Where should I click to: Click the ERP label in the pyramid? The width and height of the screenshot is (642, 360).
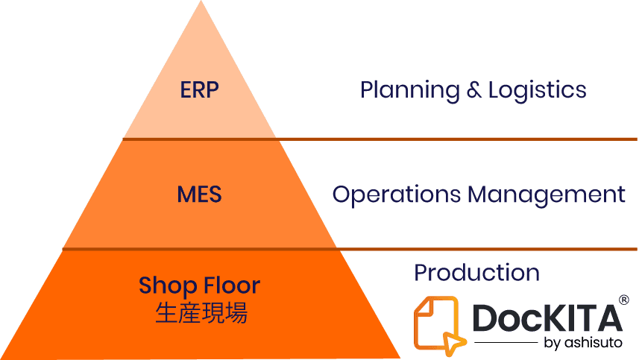(200, 90)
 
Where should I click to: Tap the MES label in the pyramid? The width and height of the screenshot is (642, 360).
(200, 195)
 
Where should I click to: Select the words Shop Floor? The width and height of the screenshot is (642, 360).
(200, 285)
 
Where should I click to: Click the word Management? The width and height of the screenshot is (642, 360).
(546, 195)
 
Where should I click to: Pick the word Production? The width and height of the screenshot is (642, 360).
(477, 273)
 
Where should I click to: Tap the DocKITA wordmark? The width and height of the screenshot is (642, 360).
(547, 319)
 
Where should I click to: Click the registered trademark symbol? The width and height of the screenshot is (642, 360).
(624, 300)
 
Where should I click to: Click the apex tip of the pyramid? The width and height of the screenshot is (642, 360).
(201, 3)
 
